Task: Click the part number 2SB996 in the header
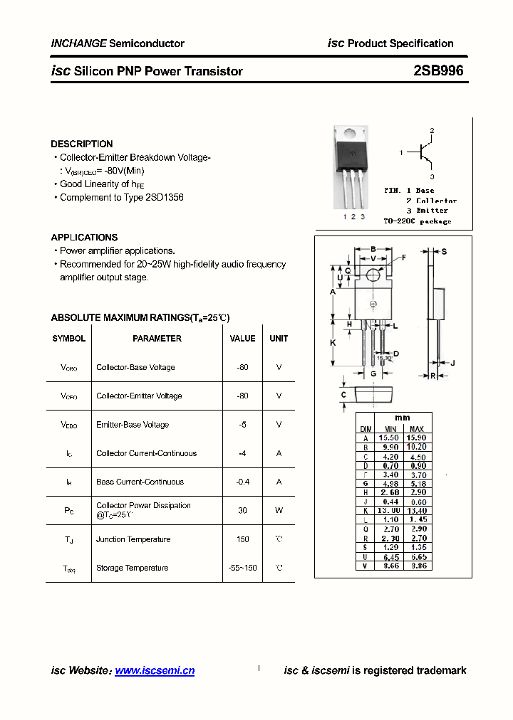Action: click(x=437, y=70)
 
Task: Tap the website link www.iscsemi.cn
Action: click(x=155, y=670)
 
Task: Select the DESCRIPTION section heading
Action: click(x=82, y=144)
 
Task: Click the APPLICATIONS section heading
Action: click(x=84, y=237)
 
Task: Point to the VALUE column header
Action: click(x=242, y=339)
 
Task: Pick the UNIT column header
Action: click(x=279, y=339)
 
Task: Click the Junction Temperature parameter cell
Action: click(x=133, y=539)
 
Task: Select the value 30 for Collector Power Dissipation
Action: click(x=242, y=510)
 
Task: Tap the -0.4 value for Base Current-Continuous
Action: click(x=242, y=482)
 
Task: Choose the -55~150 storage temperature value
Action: click(x=242, y=568)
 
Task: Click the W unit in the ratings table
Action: click(x=279, y=510)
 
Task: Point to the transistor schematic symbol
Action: click(x=424, y=152)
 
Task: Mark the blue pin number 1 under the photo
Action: click(x=345, y=216)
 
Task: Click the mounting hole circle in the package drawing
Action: click(x=373, y=275)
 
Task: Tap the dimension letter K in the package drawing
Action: click(x=333, y=343)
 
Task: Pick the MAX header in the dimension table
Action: click(x=416, y=428)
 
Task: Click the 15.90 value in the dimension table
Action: click(x=416, y=438)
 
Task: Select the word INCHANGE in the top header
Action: click(x=78, y=43)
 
